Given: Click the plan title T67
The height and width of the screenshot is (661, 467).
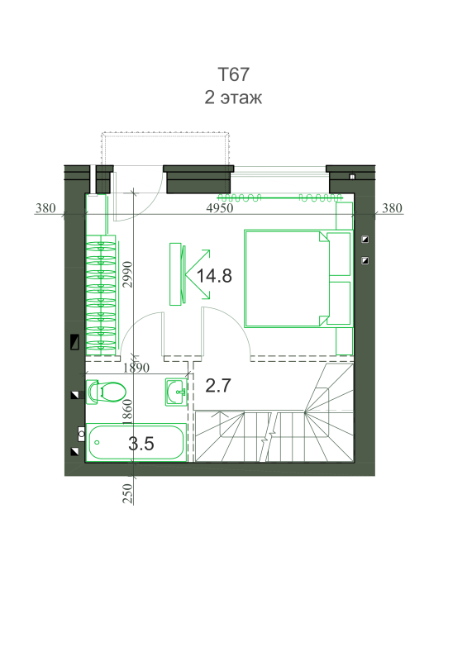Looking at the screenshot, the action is (x=233, y=74).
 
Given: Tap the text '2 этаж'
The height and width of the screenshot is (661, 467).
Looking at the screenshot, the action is (x=233, y=97).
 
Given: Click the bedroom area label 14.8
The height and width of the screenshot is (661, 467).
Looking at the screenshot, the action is (x=214, y=276).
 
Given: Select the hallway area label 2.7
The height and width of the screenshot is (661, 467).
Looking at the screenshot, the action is (x=218, y=385).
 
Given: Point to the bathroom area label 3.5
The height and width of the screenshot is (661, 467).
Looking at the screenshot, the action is (x=141, y=444).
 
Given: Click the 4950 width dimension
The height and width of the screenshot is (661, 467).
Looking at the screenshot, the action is (x=219, y=208).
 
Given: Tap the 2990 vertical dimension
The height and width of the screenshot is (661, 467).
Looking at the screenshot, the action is (x=128, y=274).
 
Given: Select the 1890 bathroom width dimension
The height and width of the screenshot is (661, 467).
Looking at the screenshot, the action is (x=136, y=368).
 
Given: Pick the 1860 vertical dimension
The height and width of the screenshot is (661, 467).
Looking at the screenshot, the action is (x=127, y=411).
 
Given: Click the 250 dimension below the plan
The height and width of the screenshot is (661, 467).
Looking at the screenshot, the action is (x=127, y=493).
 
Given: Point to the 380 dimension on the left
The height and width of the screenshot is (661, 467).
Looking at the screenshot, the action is (x=45, y=208).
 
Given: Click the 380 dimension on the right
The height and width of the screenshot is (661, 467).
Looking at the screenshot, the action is (x=392, y=208).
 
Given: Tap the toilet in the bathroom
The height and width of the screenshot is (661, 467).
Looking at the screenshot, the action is (x=106, y=392).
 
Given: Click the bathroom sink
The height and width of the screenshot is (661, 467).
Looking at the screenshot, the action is (x=176, y=392).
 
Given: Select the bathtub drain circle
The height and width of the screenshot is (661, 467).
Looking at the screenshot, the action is (x=98, y=442).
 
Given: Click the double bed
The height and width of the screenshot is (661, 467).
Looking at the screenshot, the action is (x=298, y=278).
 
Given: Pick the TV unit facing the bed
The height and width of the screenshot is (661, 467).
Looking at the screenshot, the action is (x=177, y=273).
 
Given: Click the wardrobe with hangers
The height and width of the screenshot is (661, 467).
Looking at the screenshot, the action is (x=101, y=295).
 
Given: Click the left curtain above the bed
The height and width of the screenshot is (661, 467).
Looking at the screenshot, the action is (x=239, y=197).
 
